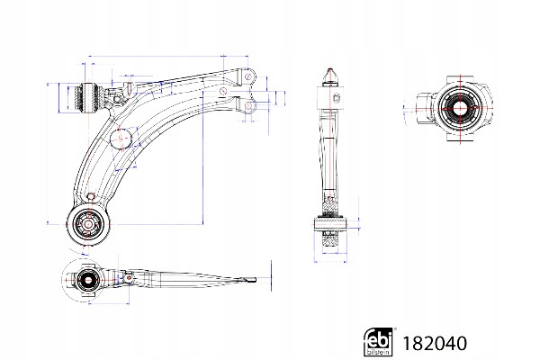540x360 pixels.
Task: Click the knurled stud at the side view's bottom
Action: tap(329, 240)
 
